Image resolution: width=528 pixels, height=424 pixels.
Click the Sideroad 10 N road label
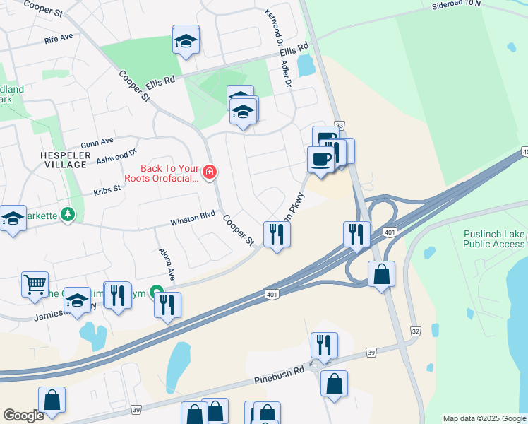[456, 4]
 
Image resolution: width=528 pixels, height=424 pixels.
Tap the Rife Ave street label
[58, 37]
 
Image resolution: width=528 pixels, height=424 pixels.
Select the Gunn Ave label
[97, 141]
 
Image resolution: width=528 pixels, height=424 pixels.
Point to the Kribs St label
[108, 191]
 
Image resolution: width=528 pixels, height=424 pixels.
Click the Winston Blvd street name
[192, 222]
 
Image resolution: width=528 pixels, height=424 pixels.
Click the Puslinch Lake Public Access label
[494, 239]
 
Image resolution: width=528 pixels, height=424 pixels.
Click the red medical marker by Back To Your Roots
[209, 172]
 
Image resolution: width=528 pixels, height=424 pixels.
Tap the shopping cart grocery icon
[35, 284]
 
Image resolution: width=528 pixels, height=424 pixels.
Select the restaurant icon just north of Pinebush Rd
[324, 345]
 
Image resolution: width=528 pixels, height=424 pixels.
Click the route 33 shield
[340, 124]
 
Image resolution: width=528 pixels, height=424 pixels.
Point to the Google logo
[23, 416]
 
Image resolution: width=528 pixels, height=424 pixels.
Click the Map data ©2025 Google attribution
[484, 418]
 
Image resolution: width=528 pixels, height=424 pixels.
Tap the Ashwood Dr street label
[116, 155]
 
